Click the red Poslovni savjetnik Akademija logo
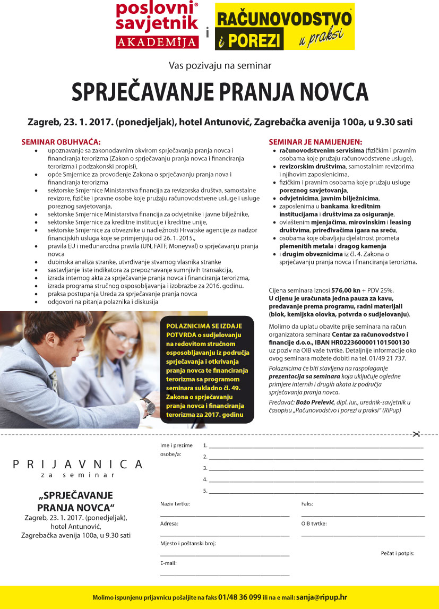(x=157, y=25)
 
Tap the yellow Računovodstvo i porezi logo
(x=284, y=27)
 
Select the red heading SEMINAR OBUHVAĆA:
(x=61, y=142)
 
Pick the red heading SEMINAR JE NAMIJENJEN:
(x=315, y=142)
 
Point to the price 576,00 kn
(x=346, y=290)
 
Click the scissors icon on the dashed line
(x=417, y=434)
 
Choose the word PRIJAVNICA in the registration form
(x=78, y=464)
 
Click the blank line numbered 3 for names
(x=316, y=469)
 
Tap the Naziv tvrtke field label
(x=175, y=503)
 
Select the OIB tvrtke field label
(x=314, y=524)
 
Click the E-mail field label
(x=168, y=563)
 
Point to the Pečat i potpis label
(x=398, y=553)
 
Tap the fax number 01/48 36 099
(x=239, y=597)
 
